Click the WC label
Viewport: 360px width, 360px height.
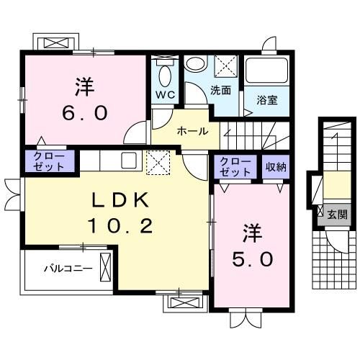(x=165, y=95)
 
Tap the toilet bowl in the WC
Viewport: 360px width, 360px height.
(x=165, y=76)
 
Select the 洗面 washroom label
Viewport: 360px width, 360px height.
(x=220, y=90)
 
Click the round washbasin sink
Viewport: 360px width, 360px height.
(x=195, y=64)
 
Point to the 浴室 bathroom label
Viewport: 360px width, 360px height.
(x=267, y=100)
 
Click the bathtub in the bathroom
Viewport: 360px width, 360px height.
(x=267, y=71)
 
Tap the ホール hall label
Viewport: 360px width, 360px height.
(x=192, y=131)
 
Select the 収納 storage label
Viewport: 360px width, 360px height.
(x=276, y=167)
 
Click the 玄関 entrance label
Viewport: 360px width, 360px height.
(x=338, y=215)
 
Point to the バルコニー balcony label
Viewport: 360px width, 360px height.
(x=68, y=269)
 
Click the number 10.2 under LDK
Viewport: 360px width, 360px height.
(x=120, y=226)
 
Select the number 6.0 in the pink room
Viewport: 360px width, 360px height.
(x=84, y=113)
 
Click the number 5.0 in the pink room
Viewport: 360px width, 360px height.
(x=253, y=259)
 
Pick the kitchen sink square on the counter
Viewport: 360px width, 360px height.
(x=130, y=161)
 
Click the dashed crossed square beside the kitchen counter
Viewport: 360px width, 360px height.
(x=158, y=163)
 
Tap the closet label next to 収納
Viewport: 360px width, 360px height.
(x=235, y=167)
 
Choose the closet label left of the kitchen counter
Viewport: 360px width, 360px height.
(x=49, y=161)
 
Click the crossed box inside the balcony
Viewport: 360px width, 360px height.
(x=105, y=267)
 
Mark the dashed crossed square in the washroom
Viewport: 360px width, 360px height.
(x=225, y=66)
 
